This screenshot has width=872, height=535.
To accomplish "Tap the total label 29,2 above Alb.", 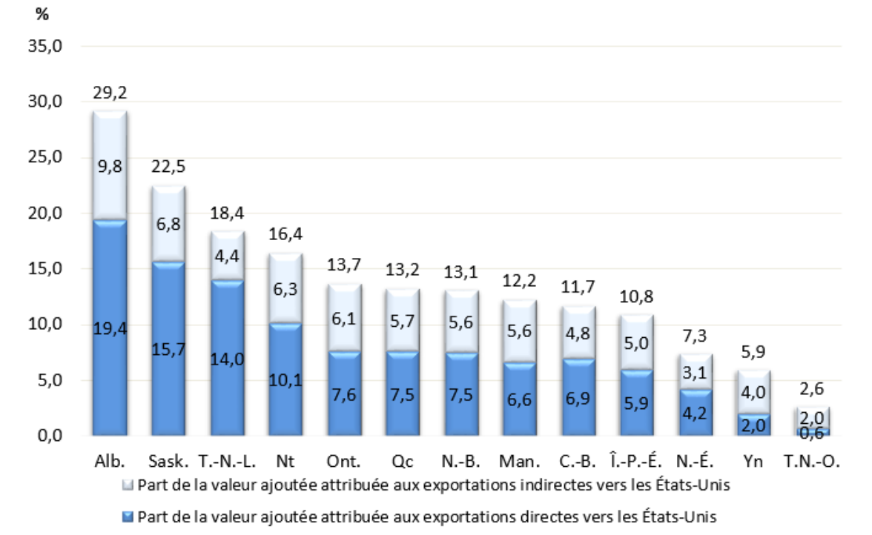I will [x=110, y=93].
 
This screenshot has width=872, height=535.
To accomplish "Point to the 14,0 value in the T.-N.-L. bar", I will [x=227, y=359].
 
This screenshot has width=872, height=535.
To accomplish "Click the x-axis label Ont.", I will [x=344, y=461].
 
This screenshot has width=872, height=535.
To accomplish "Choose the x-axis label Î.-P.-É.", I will [x=636, y=461].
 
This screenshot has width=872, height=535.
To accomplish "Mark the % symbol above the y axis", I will [x=41, y=15].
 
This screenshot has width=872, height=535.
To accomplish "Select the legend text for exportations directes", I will [x=427, y=516].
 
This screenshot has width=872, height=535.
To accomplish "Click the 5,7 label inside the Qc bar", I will [x=402, y=322].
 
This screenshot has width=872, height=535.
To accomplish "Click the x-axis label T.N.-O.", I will [x=811, y=461].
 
